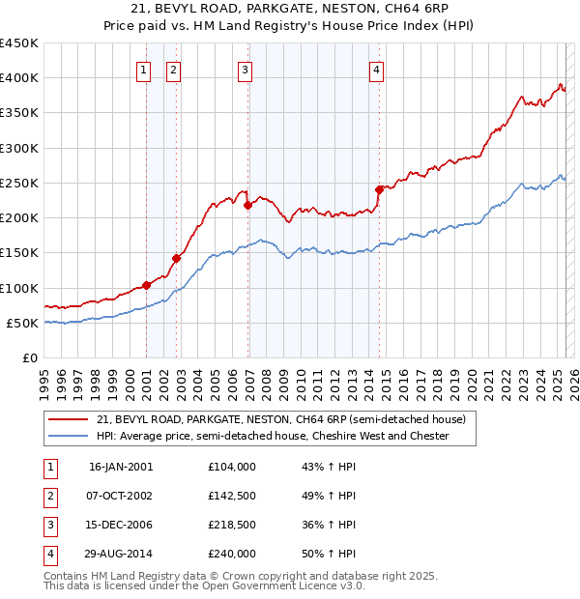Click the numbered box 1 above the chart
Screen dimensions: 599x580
[x=143, y=70]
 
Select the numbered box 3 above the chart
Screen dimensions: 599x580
[x=246, y=70]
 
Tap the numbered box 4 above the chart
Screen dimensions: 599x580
[x=376, y=70]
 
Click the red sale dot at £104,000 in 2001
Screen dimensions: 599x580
[x=147, y=285]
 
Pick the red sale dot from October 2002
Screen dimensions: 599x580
[x=177, y=258]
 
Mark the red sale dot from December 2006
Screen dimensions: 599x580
[x=248, y=205]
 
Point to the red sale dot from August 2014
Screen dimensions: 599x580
[x=380, y=190]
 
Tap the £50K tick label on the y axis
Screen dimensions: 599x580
[x=22, y=323]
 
